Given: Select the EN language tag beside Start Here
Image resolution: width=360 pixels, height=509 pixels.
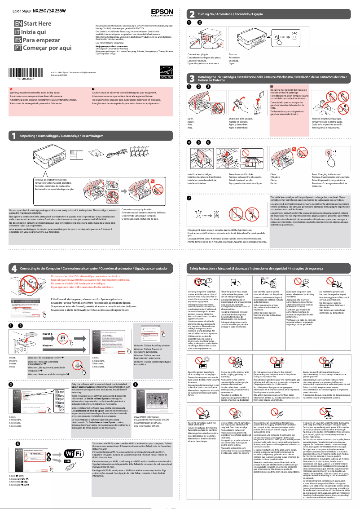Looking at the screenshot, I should [x=18, y=23].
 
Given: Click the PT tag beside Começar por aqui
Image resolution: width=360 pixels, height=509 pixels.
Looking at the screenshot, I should [x=18, y=48].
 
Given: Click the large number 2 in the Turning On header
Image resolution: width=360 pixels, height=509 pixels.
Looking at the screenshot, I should [x=192, y=14].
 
